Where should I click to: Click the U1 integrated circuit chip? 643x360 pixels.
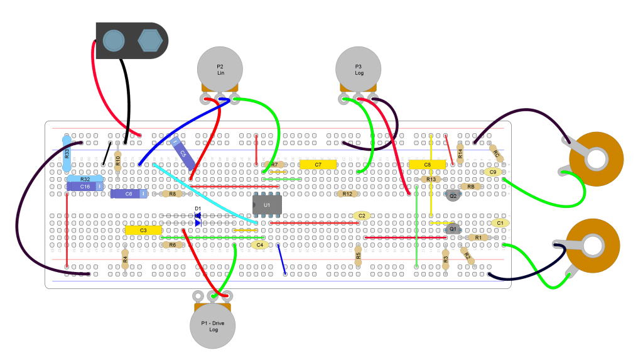tap(267, 205)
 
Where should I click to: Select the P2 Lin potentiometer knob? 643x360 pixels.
tap(220, 69)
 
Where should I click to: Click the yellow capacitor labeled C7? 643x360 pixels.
tap(318, 165)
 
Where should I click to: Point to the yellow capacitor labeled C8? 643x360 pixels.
tap(427, 165)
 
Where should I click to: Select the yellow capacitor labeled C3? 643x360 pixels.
tap(143, 231)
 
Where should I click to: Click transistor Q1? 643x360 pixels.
tap(453, 229)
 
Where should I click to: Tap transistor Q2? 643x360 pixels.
tap(453, 195)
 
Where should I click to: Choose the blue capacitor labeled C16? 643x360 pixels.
tap(85, 187)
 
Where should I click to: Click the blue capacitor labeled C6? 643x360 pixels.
tap(129, 194)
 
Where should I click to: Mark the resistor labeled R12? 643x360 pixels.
tap(347, 194)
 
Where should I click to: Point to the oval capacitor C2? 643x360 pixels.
tap(362, 215)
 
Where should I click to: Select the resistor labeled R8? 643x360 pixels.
tap(173, 194)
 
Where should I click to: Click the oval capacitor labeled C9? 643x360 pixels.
tap(493, 172)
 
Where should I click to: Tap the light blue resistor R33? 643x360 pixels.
tap(67, 153)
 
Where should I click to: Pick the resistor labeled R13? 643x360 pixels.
tap(430, 179)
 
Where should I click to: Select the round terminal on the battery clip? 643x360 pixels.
tap(113, 40)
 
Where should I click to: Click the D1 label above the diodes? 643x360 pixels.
tap(198, 209)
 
